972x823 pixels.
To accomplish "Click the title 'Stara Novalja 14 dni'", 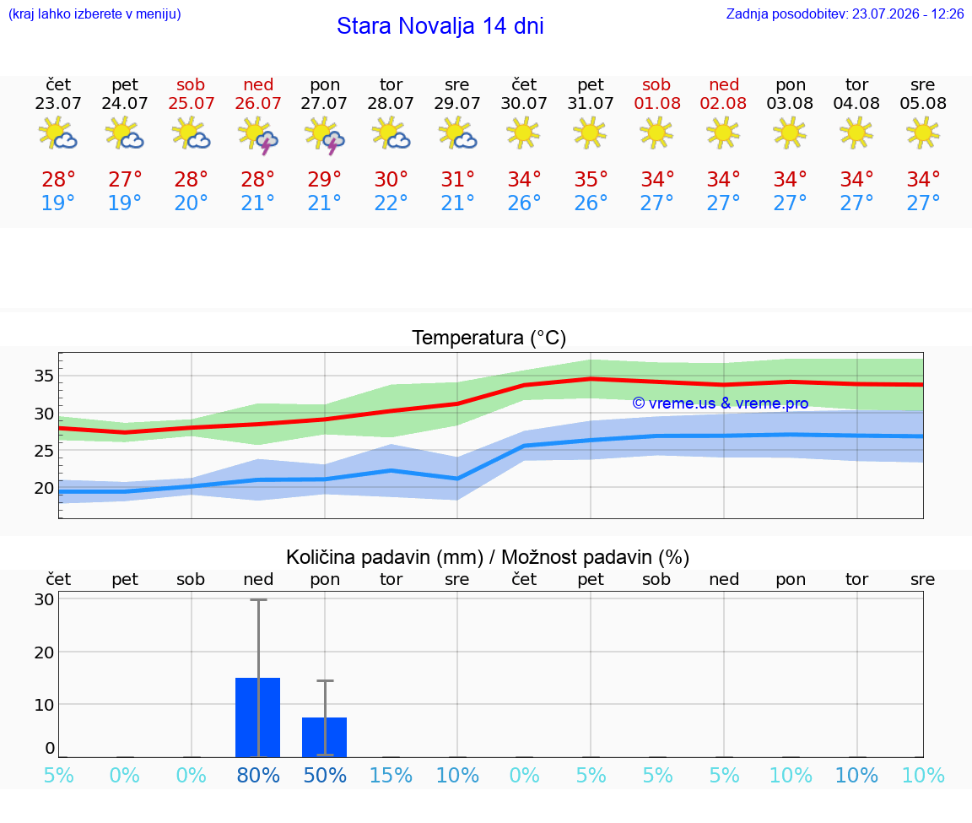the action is [x=440, y=26].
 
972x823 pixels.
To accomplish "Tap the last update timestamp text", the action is [x=845, y=14].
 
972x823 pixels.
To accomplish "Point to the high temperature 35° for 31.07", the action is [x=591, y=179].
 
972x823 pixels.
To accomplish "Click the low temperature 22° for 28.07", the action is [x=391, y=203].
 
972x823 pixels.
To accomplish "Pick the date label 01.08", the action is [x=657, y=104].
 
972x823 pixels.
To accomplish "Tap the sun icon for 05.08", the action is [x=923, y=133].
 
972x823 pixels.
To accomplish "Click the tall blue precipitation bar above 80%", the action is [x=258, y=717].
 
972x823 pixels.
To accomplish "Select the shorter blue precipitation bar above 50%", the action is [x=324, y=738].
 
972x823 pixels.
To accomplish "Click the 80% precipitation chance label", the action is [x=258, y=775].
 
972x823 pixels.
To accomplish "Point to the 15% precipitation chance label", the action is [x=391, y=775].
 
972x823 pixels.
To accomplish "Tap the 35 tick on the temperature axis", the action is [x=44, y=376].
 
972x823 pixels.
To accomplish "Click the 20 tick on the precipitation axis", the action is [x=44, y=652].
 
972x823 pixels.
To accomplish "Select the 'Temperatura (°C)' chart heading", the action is [x=489, y=338].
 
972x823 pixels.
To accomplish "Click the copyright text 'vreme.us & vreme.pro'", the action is [x=728, y=403].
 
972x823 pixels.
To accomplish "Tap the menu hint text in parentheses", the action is [x=94, y=14].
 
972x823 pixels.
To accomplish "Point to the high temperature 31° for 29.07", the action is [x=457, y=179].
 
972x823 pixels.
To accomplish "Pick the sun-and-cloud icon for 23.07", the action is [x=57, y=133].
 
